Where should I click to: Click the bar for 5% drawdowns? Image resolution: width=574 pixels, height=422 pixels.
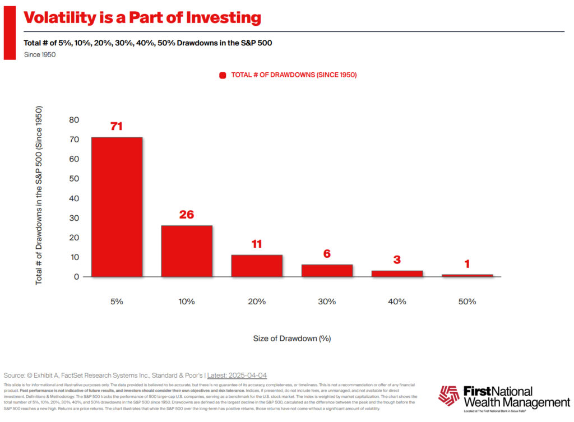[117, 207]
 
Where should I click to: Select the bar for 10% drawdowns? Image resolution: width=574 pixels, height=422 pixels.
[187, 251]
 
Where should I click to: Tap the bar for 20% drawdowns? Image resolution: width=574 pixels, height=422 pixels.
[257, 266]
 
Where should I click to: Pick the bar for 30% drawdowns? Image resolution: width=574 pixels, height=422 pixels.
[327, 271]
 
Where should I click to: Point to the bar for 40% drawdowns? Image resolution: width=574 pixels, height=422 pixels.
[397, 273]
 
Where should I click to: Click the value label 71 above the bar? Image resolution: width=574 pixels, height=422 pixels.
[117, 127]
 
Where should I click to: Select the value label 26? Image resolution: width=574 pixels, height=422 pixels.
[187, 215]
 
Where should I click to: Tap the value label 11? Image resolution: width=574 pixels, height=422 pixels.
[257, 244]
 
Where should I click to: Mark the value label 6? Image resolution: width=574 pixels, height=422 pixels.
[327, 254]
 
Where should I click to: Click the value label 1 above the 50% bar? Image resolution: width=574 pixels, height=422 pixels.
[467, 264]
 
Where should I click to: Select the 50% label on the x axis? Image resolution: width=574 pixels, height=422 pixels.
[467, 302]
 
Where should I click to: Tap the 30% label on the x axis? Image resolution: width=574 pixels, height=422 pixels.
[327, 302]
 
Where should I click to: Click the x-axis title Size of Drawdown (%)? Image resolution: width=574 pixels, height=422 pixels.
[291, 338]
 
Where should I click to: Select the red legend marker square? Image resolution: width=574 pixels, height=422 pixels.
[223, 75]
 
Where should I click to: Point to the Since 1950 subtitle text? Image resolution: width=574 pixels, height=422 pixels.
[40, 54]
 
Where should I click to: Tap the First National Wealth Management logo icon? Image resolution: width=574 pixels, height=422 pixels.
[448, 395]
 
